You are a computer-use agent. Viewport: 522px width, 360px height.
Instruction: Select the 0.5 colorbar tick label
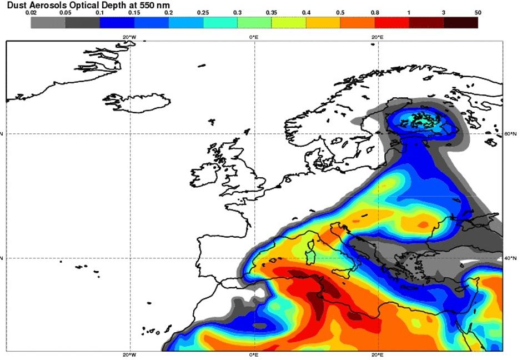point(340,12)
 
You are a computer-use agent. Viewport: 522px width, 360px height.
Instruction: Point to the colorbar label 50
point(478,12)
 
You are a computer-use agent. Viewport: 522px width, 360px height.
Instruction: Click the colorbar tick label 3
point(444,12)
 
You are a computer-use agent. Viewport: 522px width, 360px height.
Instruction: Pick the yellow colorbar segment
point(323,22)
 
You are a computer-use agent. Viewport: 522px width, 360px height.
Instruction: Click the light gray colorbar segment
point(48,22)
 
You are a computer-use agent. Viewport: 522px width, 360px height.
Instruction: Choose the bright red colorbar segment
point(391,22)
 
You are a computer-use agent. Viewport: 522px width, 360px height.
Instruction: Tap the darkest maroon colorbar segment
point(460,22)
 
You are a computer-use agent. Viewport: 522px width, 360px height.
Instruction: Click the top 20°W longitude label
point(129,37)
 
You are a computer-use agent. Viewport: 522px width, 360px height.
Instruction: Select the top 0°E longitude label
point(254,37)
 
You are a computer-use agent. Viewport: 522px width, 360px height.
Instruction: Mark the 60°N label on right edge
point(510,134)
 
